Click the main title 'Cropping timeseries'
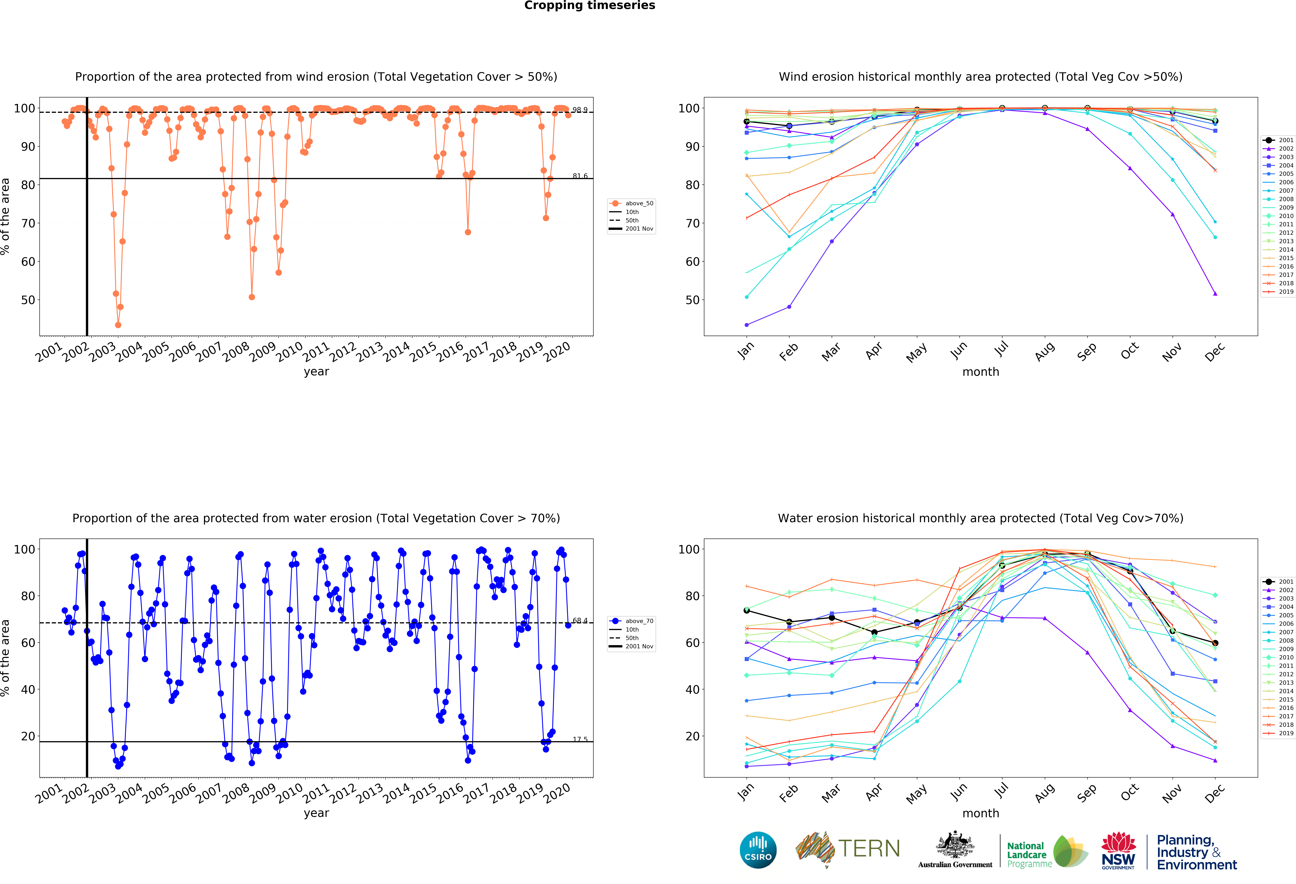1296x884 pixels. [589, 6]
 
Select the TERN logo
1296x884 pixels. [848, 849]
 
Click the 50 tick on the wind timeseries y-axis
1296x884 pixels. [28, 300]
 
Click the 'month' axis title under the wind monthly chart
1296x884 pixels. [980, 372]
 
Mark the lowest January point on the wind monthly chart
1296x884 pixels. [747, 325]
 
